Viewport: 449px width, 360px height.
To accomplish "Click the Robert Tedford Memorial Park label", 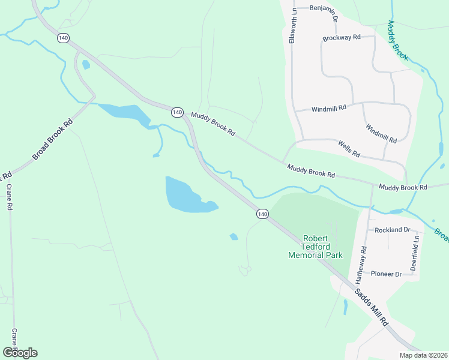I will click(315, 247).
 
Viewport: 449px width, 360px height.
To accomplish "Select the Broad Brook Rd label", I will click(52, 139).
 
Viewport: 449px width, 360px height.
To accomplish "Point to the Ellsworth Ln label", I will click(293, 25).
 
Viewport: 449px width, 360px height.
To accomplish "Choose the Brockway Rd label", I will click(341, 38).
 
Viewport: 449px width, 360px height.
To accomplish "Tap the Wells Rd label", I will click(349, 149).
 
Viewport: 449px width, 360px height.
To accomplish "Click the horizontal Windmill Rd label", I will click(329, 109).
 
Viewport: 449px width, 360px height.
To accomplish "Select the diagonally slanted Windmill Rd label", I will click(381, 133).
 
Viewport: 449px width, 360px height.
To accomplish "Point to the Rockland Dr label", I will click(392, 230).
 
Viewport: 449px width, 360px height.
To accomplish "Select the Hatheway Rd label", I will click(361, 265).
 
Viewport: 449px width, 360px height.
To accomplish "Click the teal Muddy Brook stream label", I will click(397, 41).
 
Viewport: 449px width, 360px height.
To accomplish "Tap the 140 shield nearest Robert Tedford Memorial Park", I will click(262, 214).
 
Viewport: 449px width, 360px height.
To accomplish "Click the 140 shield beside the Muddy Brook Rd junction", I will click(176, 112).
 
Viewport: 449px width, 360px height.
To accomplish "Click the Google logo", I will click(20, 352).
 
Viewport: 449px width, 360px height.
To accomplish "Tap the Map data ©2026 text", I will click(423, 355).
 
